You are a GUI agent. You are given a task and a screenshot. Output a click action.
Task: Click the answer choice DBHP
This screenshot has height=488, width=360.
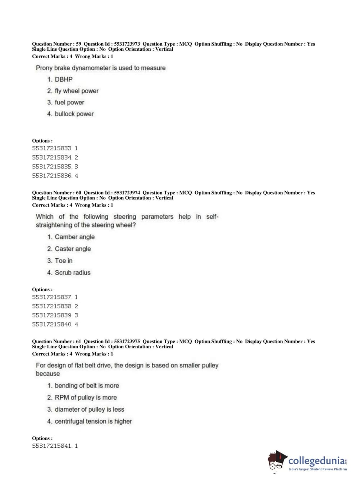[63, 80]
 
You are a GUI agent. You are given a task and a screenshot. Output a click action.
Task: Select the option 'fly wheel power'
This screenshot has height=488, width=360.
[76, 91]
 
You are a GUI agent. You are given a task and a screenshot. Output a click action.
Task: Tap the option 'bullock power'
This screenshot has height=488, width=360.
[74, 114]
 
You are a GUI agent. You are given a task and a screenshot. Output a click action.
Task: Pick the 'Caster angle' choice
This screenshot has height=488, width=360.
[73, 249]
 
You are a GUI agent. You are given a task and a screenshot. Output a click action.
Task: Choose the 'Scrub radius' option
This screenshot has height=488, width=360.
[72, 273]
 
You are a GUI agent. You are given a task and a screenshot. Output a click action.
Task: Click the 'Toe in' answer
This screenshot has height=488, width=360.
[64, 261]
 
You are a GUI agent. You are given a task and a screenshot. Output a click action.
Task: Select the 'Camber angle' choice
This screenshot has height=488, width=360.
[74, 237]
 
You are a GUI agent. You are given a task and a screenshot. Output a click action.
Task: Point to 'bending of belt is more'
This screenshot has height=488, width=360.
[87, 386]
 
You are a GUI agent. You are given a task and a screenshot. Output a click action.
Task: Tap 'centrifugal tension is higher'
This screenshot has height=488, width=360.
[93, 421]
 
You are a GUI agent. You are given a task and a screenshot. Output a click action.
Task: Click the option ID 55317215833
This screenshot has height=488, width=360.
[52, 148]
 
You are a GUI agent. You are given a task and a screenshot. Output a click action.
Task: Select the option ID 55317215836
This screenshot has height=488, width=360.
[52, 176]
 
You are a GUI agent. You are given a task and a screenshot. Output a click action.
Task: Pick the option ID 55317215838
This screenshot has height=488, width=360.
[52, 306]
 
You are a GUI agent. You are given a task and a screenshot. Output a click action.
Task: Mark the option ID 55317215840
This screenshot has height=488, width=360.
[52, 325]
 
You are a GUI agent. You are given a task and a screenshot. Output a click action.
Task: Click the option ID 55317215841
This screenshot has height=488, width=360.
[52, 446]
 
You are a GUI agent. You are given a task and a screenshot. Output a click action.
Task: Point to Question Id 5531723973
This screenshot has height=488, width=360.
[127, 44]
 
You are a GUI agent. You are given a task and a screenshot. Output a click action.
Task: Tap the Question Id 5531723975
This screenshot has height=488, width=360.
[127, 342]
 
